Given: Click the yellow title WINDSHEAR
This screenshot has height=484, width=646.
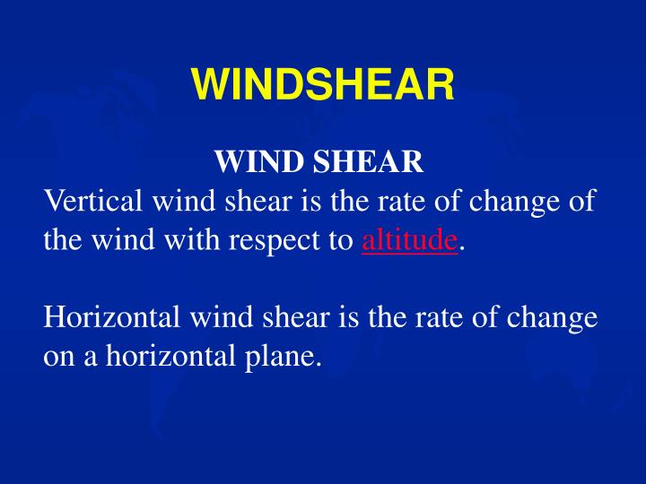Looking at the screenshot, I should [322, 86].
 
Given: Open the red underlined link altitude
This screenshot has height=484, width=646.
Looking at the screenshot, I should [409, 240].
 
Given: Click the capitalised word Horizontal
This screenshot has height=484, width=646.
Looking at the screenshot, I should [105, 317].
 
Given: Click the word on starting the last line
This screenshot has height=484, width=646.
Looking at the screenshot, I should [59, 357].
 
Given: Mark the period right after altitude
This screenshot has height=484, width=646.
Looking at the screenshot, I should [462, 245].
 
